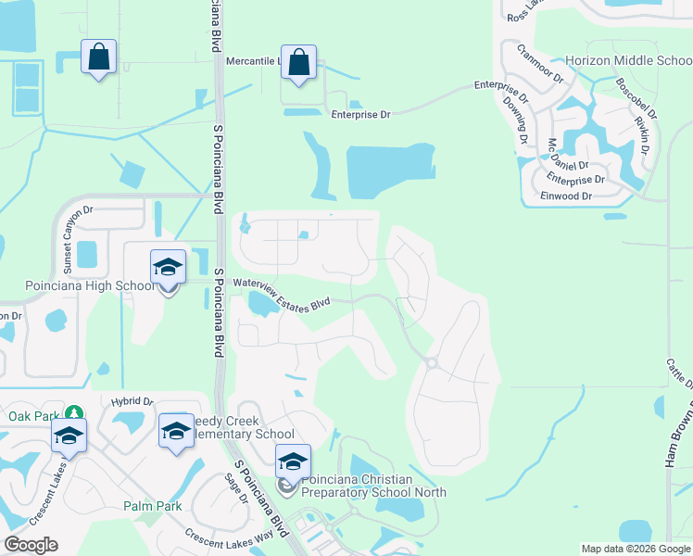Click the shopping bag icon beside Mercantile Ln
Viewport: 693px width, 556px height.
pos(298,63)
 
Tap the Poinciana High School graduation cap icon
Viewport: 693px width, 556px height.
pos(168,268)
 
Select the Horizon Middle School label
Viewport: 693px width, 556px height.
pos(628,60)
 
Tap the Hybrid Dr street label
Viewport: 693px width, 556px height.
pos(132,401)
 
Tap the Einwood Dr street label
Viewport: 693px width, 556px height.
pos(567,196)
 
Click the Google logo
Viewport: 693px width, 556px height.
pos(31,545)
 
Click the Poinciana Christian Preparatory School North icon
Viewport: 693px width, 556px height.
pos(292,462)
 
